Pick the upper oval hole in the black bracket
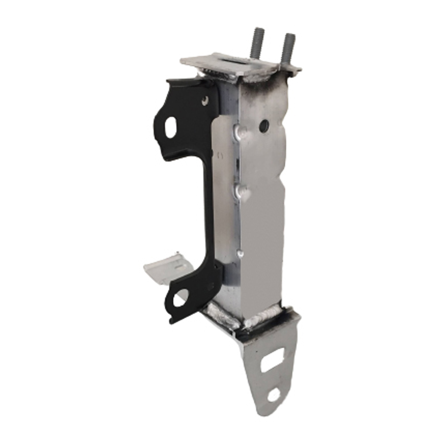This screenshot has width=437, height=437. pos(170,125)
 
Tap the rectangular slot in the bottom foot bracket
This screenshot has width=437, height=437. pos(272,362)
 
